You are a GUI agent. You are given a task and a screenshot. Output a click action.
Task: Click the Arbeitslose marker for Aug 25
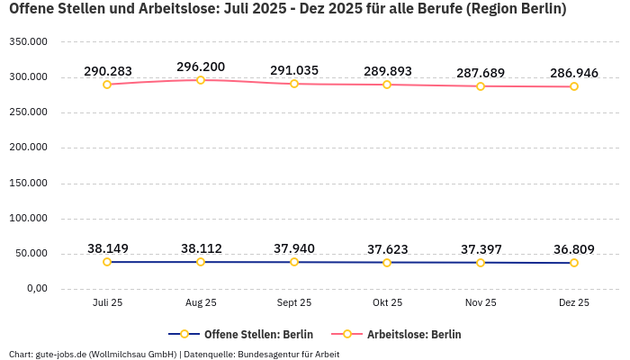tap(201, 80)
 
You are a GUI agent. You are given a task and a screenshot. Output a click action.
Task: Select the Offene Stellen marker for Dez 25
tap(574, 263)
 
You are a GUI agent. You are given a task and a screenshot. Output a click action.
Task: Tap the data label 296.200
tap(201, 67)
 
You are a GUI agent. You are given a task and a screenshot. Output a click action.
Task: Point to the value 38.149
tap(107, 248)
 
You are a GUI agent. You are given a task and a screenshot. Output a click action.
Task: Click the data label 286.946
tap(574, 73)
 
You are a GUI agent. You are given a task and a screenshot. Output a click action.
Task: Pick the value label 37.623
tap(387, 248)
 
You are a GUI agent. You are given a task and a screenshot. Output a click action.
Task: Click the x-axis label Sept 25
tap(294, 303)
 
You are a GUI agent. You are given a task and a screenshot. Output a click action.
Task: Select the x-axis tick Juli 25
tap(107, 303)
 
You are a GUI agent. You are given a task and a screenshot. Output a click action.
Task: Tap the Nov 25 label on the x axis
tap(481, 303)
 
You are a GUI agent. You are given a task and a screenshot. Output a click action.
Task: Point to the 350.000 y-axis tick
tap(28, 42)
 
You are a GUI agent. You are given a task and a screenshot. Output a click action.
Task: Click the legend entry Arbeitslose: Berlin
tap(413, 334)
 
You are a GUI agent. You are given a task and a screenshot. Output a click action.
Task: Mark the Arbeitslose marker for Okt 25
tap(387, 85)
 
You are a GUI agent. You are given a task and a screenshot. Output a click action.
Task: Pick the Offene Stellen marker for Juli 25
tap(107, 262)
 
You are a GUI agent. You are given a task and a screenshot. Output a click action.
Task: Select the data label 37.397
tap(481, 248)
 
